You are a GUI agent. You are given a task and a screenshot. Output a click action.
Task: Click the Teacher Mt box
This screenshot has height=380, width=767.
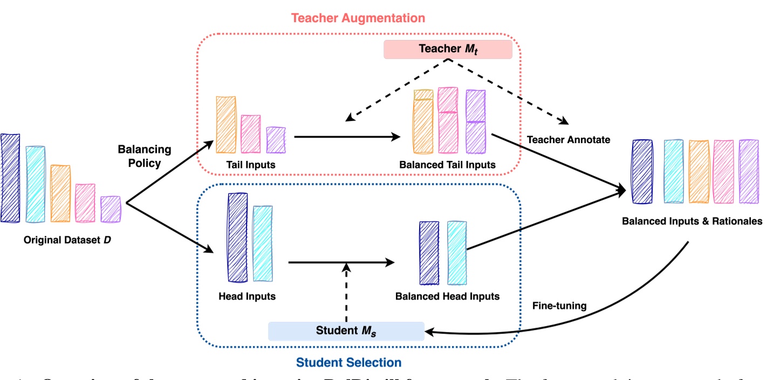pyautogui.click(x=447, y=49)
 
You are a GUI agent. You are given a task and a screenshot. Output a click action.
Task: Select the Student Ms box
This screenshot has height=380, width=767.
pyautogui.click(x=345, y=331)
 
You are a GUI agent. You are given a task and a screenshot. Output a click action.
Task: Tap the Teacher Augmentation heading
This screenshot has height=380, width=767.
pyautogui.click(x=358, y=17)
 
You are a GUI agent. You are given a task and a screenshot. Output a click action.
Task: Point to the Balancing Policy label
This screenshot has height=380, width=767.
pyautogui.click(x=144, y=155)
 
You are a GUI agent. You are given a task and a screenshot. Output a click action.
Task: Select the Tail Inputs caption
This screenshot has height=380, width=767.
pyautogui.click(x=251, y=165)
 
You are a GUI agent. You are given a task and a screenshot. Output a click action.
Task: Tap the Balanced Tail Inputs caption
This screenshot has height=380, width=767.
pyautogui.click(x=447, y=165)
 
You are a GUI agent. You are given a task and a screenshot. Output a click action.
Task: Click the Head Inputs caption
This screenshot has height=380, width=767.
pyautogui.click(x=247, y=296)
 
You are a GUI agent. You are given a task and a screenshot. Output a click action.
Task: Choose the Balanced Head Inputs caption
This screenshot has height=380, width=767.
pyautogui.click(x=447, y=296)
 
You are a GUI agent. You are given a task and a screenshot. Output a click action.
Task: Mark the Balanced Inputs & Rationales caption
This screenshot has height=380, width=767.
pyautogui.click(x=692, y=221)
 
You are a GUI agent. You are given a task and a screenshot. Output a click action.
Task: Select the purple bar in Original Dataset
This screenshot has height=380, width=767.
pyautogui.click(x=111, y=209)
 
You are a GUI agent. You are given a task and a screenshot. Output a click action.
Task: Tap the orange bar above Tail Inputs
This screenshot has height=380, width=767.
pyautogui.click(x=226, y=125)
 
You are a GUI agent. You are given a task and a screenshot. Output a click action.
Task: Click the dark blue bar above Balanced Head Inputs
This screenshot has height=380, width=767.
pyautogui.click(x=429, y=253)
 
